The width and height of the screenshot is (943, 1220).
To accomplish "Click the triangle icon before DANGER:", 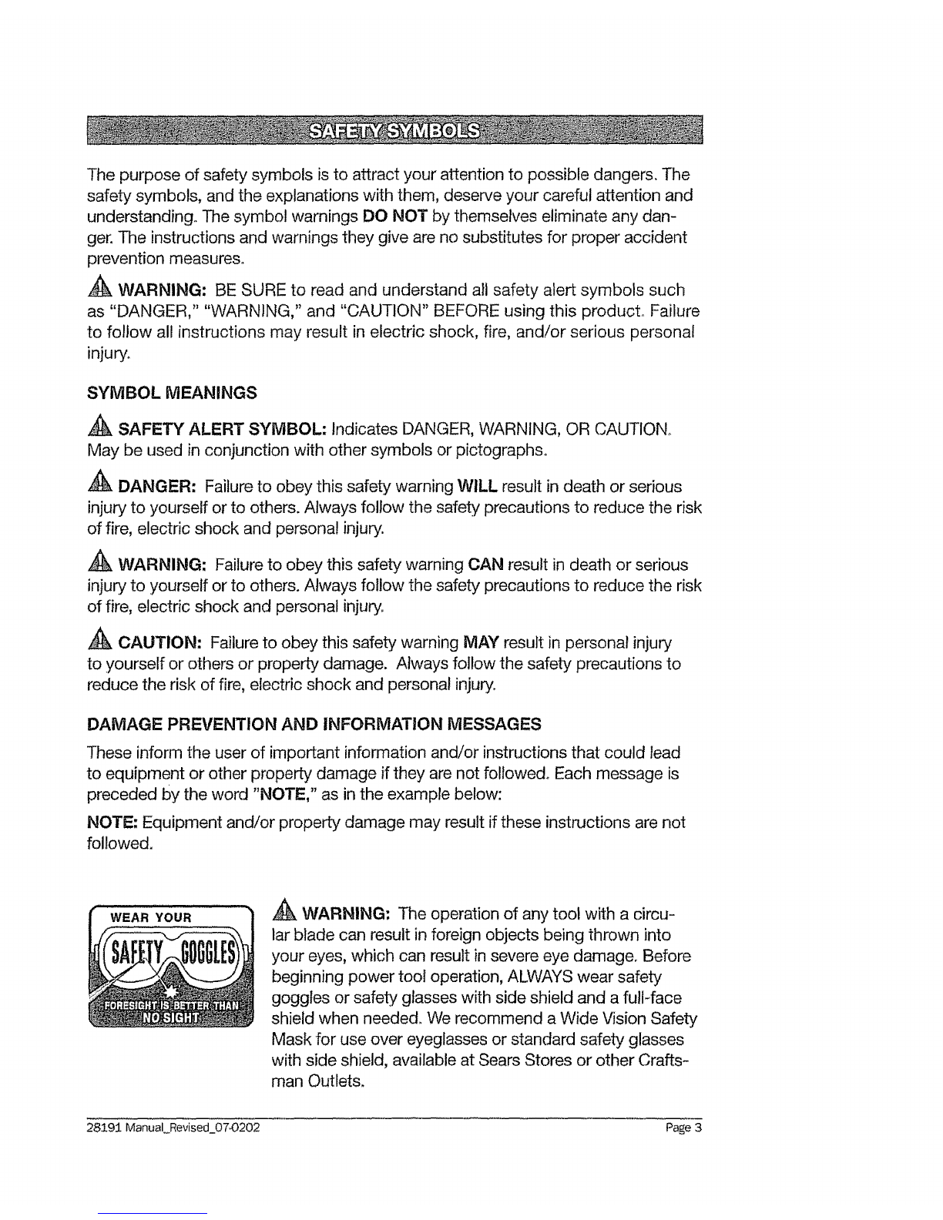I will point(102,487).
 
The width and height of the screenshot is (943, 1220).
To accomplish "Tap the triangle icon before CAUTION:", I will point(102,642).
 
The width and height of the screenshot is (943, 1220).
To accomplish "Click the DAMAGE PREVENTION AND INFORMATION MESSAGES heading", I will point(315,724).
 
